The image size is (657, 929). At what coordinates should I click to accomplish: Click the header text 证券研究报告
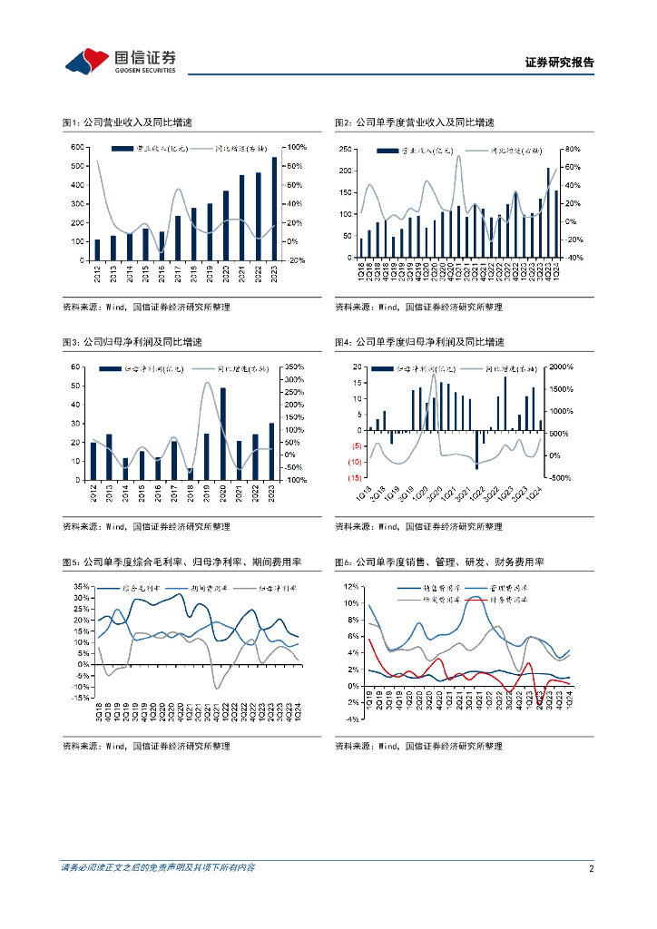(x=560, y=63)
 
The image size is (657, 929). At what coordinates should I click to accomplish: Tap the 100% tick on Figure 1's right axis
(x=297, y=147)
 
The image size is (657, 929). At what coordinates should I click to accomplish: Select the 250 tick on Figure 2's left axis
(x=345, y=149)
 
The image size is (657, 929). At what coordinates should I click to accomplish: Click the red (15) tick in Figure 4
(x=356, y=477)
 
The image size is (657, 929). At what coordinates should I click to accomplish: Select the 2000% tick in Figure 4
(x=563, y=367)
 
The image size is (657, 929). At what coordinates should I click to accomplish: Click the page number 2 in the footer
(x=591, y=868)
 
